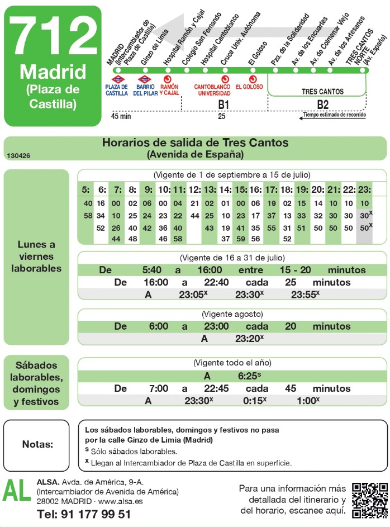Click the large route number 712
point(53,35)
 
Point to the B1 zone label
point(223,104)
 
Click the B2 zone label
point(323,104)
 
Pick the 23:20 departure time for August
point(249,338)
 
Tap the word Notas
point(38,444)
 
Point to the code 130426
point(19,156)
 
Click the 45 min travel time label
point(121,116)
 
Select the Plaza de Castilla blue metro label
point(117,90)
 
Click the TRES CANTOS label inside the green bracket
point(322,91)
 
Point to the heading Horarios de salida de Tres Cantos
point(195,143)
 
